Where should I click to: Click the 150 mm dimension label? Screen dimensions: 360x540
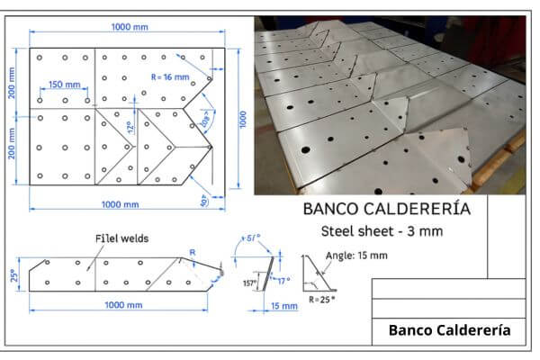pos(64,85)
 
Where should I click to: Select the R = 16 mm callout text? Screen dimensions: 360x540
pos(170,76)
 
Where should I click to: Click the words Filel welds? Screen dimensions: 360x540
pos(122,238)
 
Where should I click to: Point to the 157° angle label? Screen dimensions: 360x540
pos(249,282)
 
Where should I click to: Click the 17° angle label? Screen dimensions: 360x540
pos(284,280)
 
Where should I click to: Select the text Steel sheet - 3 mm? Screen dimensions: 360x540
pos(382,232)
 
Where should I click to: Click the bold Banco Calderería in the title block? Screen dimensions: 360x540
pos(449,330)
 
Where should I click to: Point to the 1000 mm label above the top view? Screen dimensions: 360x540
pos(130,27)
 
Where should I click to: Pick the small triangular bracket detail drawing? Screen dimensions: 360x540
pos(318,272)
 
